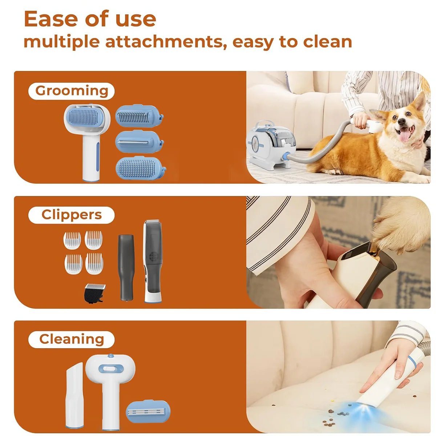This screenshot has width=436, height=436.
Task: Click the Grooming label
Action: pyautogui.click(x=72, y=91)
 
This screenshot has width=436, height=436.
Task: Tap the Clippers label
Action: pyautogui.click(x=72, y=215)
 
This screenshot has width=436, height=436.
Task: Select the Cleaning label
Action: pyautogui.click(x=72, y=339)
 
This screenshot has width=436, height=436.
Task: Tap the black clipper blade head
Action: pyautogui.click(x=93, y=293)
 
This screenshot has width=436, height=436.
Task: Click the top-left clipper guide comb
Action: pyautogui.click(x=72, y=240)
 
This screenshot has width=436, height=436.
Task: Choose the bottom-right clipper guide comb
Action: pyautogui.click(x=94, y=264)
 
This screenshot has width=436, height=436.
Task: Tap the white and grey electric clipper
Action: pyautogui.click(x=153, y=261)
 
